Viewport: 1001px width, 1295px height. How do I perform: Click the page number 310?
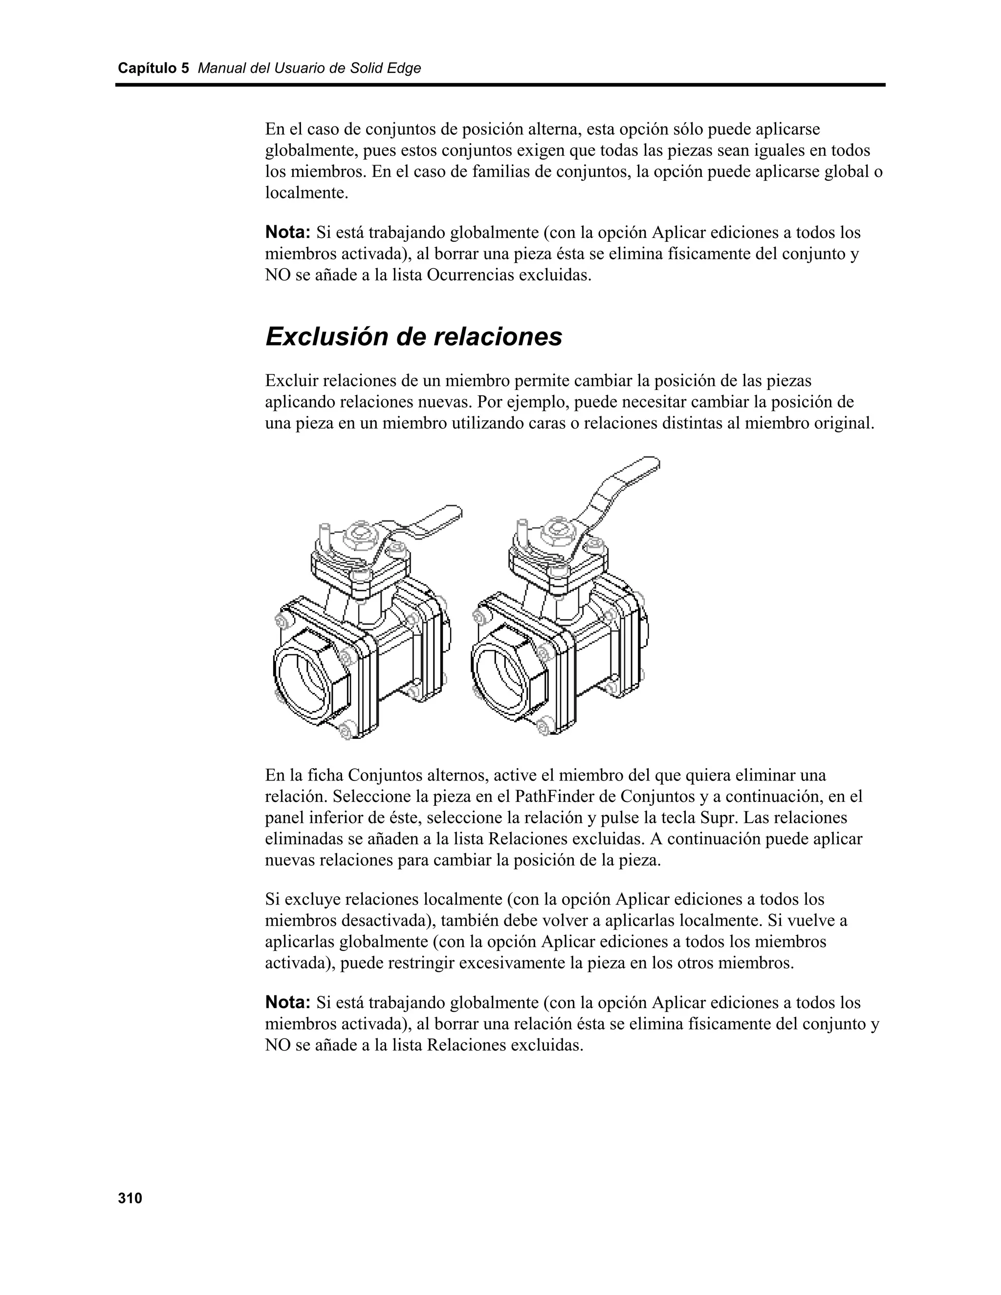click(130, 1198)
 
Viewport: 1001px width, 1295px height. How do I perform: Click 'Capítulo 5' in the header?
click(153, 68)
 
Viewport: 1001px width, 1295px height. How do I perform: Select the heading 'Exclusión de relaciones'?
click(413, 337)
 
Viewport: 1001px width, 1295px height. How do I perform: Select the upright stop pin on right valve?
click(522, 534)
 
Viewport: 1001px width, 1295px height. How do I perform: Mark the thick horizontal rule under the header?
click(500, 85)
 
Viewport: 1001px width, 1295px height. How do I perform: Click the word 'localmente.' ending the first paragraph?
click(306, 193)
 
